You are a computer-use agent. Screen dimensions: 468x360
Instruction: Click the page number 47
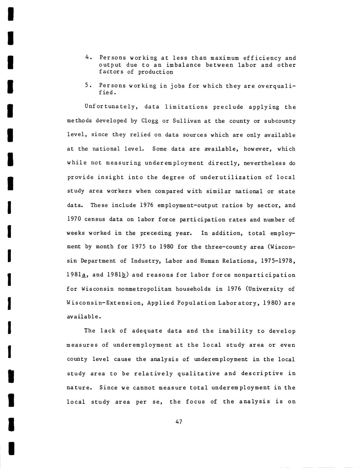click(179, 422)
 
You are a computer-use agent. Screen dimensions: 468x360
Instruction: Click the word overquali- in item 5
click(277, 86)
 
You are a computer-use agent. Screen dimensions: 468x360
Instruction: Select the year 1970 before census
click(74, 219)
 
